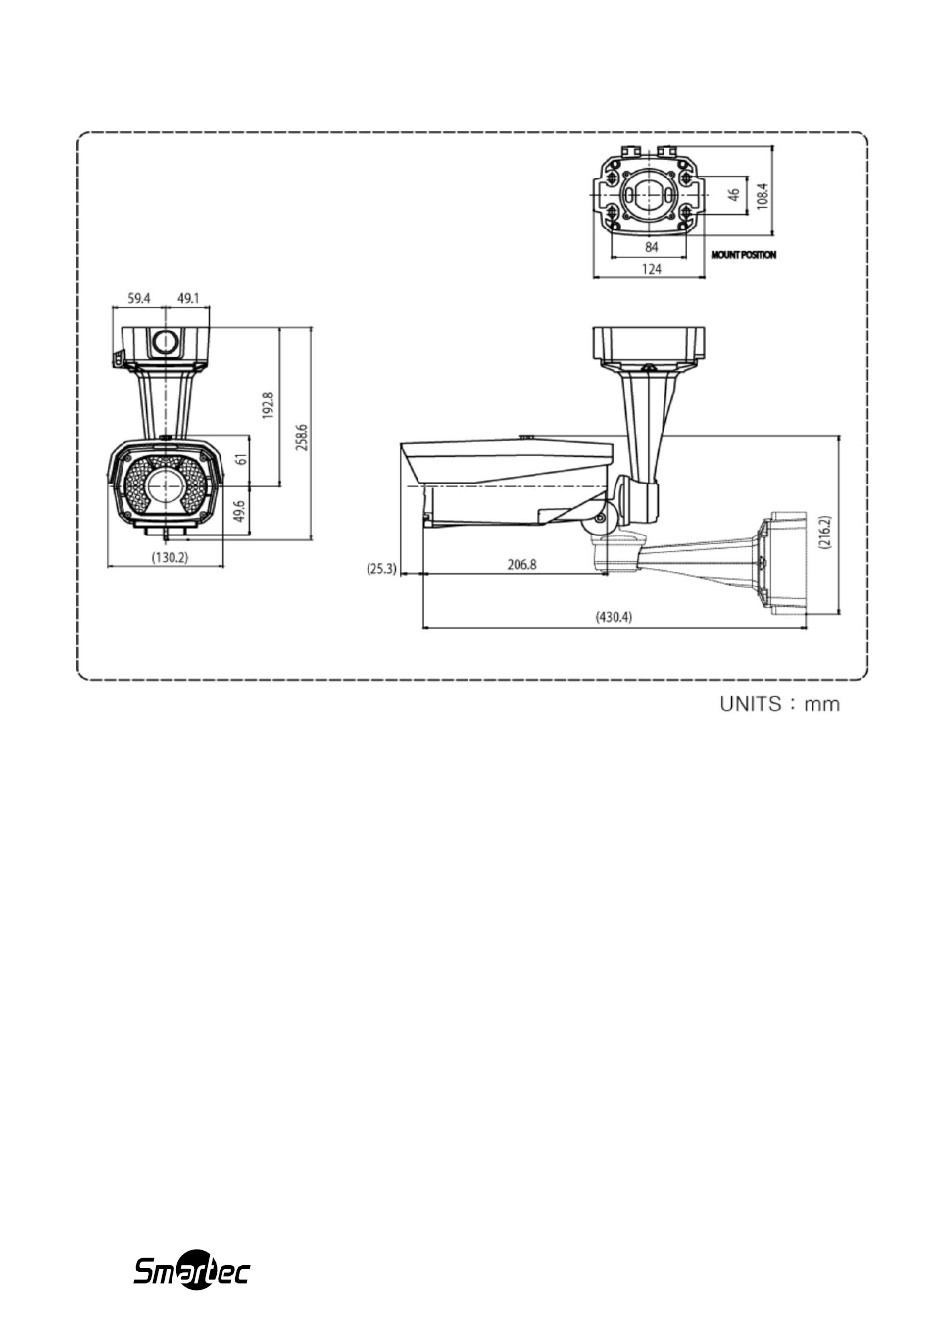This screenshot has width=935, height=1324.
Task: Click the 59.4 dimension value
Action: click(139, 298)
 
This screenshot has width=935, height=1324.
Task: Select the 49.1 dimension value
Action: click(188, 298)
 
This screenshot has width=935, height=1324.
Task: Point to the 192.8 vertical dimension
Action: click(269, 405)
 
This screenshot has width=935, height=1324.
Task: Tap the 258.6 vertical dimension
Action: click(302, 437)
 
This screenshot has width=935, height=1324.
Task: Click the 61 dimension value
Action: click(241, 458)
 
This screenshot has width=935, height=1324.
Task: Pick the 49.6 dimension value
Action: click(240, 511)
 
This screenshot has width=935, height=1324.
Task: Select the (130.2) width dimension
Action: click(171, 557)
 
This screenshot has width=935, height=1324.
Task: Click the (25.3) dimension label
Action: click(381, 569)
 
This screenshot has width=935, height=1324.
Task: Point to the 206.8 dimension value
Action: click(521, 565)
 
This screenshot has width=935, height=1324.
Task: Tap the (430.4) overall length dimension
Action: click(614, 617)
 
